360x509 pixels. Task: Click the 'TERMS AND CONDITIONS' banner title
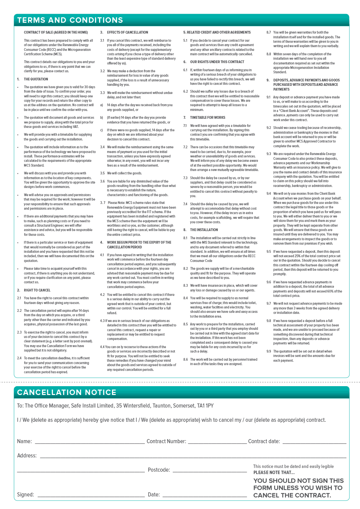coord(70,20)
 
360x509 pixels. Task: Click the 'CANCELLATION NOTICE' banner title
coord(67,393)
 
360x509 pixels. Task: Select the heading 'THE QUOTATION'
coord(36,79)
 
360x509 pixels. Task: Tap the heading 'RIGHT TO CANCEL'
coord(37,290)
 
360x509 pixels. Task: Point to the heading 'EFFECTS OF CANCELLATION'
coord(128,33)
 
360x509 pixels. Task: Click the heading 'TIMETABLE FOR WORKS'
coord(208,117)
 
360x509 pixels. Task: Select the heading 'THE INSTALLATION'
coord(204,230)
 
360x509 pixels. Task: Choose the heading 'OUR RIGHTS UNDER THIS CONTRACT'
coord(217,62)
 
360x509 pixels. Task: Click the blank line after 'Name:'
coord(90,442)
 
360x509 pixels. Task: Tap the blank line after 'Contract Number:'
coord(217,442)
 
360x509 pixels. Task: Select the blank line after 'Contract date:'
coord(314,442)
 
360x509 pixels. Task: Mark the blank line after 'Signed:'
coord(91,496)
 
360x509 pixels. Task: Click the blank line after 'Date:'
coord(205,496)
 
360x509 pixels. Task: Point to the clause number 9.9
coord(269,352)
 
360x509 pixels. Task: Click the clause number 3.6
coord(102,181)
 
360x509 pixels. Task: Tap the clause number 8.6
coord(186,359)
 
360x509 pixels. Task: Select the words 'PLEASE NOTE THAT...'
coord(274,472)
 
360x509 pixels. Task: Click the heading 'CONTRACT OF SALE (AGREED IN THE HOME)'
coord(56,33)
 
